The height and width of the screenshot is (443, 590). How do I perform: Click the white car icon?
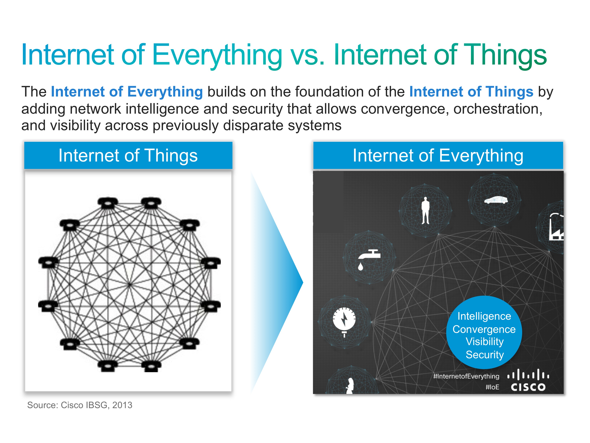click(496, 200)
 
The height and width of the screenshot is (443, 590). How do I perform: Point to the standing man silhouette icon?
click(425, 210)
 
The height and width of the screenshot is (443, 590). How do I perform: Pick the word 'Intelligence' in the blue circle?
click(484, 316)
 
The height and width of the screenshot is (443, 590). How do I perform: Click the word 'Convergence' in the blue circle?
click(484, 329)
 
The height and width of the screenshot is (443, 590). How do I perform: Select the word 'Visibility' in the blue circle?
click(485, 342)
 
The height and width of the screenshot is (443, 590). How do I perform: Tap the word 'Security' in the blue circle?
click(485, 355)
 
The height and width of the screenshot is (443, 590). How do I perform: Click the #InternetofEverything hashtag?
click(466, 376)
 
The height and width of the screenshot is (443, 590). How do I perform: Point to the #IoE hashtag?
click(492, 387)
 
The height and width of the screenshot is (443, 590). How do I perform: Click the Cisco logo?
click(528, 380)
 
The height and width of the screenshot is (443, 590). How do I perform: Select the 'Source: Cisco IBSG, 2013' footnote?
click(80, 405)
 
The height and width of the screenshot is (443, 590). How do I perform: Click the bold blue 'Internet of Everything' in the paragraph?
click(127, 92)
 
